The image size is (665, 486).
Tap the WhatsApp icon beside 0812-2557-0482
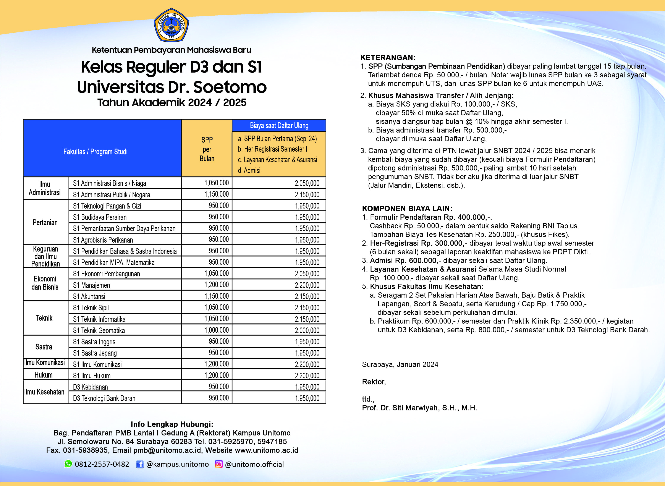point(68,464)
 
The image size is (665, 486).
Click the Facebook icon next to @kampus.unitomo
point(140,464)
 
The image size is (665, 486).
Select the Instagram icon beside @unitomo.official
point(219,464)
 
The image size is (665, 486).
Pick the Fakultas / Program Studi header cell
point(95,152)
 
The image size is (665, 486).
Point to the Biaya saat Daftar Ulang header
point(279,126)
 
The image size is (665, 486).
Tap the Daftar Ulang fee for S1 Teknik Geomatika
point(307,330)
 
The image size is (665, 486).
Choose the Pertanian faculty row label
point(45,222)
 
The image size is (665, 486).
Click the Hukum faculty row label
point(44,375)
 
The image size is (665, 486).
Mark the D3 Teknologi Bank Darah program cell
point(104,398)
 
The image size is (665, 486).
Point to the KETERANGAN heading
point(388,57)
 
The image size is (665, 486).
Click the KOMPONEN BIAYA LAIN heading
point(407,208)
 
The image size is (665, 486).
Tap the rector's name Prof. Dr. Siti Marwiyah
point(419,408)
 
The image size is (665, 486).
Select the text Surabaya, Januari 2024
point(400,364)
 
